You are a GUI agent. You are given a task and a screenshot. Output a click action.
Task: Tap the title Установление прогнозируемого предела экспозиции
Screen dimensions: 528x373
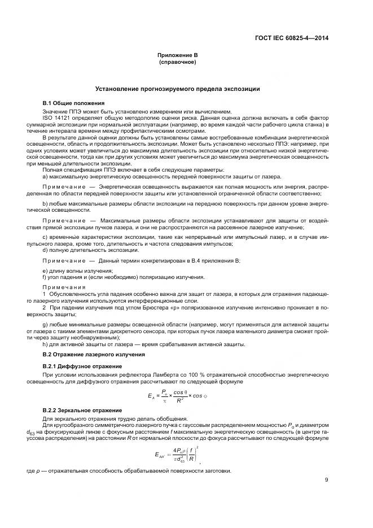click(178, 89)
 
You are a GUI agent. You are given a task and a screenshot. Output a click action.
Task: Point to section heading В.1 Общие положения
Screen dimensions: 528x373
click(74, 103)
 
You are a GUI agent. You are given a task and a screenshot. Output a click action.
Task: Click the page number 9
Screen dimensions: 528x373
click(326, 481)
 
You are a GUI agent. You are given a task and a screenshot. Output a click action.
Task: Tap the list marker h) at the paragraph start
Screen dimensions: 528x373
click(45, 343)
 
